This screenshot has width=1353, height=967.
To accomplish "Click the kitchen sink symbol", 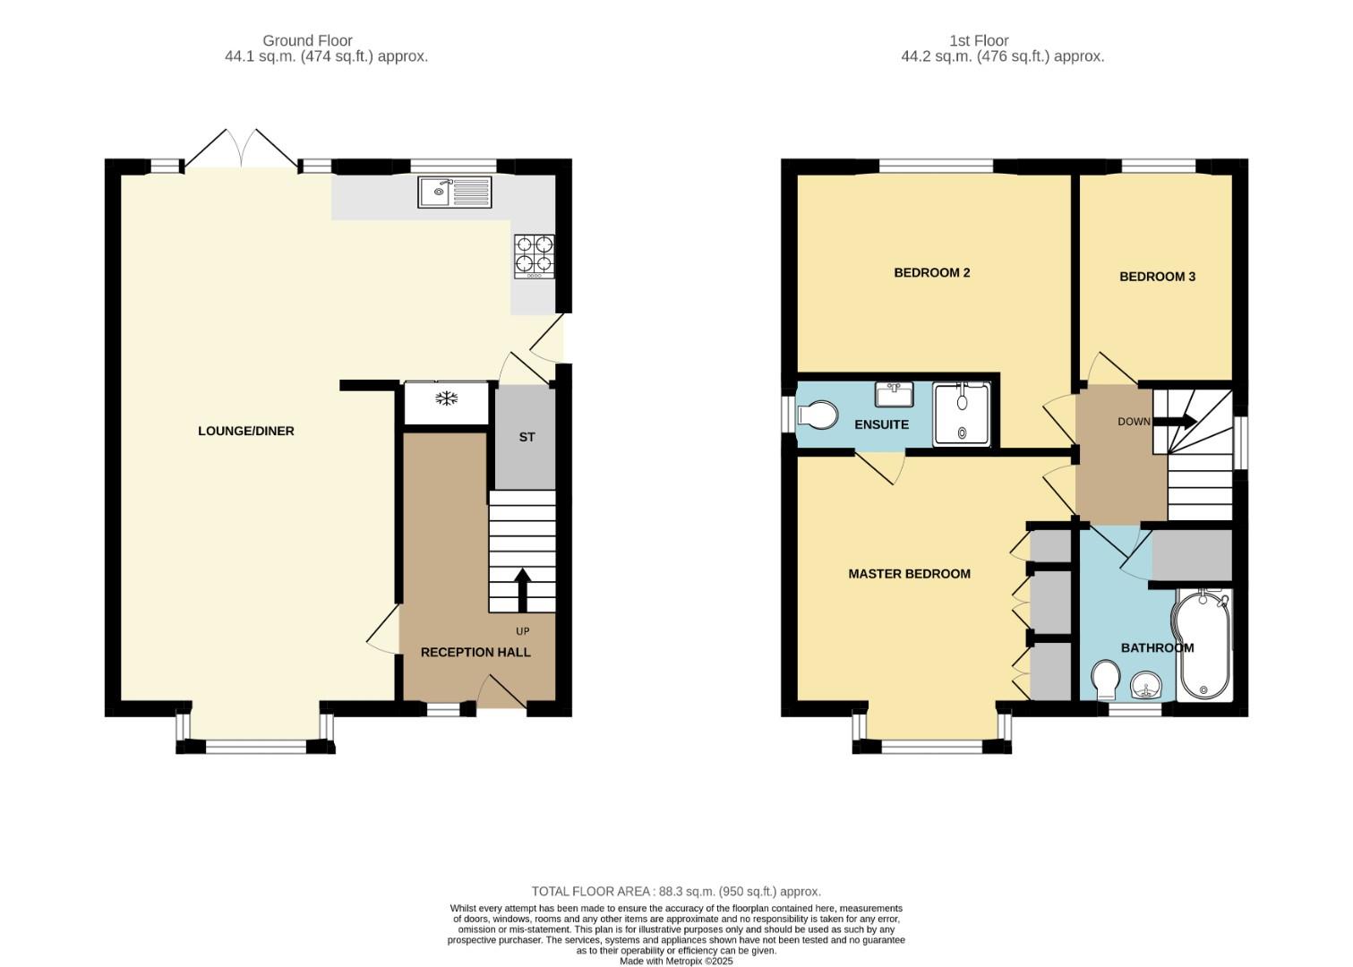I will point(454,193).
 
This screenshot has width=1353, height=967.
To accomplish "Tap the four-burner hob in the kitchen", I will point(534,256).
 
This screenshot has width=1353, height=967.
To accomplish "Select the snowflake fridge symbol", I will point(446,398).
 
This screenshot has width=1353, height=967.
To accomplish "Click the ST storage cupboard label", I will point(527,437).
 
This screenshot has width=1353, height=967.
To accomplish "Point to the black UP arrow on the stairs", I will point(523,588).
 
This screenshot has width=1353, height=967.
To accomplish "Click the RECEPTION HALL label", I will point(475,653).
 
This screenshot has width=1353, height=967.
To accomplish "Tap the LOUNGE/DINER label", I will point(246,431).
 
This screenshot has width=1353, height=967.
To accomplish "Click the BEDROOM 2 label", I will point(932,272).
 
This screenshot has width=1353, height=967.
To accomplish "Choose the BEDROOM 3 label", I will point(1157,277).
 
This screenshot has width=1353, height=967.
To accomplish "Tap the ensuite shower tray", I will point(962,415).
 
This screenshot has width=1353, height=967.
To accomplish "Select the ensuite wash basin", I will point(894,394).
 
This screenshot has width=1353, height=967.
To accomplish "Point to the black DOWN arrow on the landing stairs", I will point(1182,421).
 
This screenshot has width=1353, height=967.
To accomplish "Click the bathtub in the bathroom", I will point(1203,644).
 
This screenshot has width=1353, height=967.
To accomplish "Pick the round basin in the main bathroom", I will point(1147,688).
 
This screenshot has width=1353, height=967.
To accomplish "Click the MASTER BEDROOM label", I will point(909,574).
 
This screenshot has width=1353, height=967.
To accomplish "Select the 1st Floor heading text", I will point(979,40).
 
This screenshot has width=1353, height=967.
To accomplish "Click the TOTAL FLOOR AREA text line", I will point(676,891).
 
